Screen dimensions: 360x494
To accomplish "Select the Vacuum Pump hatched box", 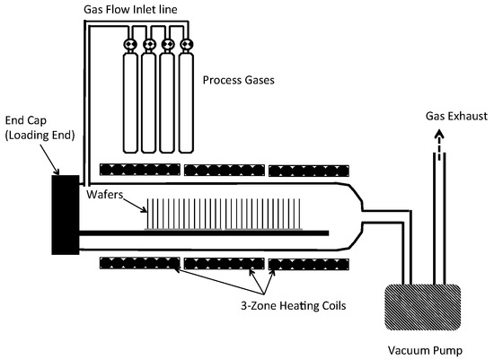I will pos(420,308).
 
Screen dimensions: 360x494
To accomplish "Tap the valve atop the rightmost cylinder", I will pos(187,43).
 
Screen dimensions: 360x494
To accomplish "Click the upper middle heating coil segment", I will pos(224,170).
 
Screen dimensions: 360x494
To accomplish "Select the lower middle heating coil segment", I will pos(224,264).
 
